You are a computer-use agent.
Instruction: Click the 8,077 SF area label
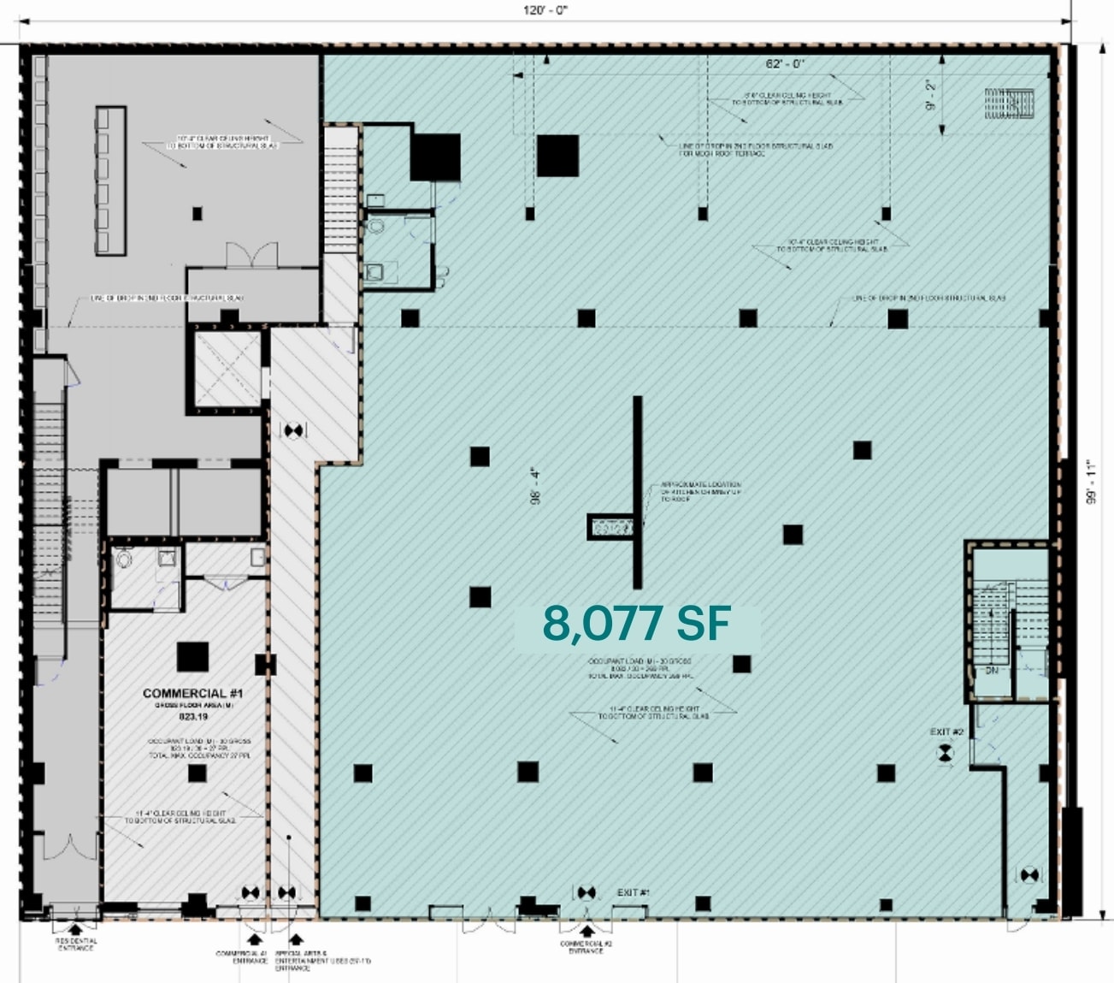click(636, 624)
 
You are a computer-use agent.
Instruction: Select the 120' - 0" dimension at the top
click(545, 10)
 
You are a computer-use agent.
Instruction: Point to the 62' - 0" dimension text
click(785, 64)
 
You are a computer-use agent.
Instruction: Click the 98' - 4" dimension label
click(536, 486)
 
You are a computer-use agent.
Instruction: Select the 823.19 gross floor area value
click(193, 717)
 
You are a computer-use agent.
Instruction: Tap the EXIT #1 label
click(634, 892)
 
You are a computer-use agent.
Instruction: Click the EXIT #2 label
click(946, 732)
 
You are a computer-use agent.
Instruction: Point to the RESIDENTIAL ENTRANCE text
click(76, 945)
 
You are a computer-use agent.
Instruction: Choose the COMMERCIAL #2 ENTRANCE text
click(586, 947)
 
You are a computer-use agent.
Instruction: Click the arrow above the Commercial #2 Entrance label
click(586, 931)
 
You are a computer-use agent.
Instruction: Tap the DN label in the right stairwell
click(992, 671)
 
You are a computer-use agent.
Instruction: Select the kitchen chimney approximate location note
click(700, 492)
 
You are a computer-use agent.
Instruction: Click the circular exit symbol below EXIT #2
click(945, 753)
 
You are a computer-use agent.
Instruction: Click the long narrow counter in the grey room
click(110, 180)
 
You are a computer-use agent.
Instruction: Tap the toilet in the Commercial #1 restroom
click(125, 560)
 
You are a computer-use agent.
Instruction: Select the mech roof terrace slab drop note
click(756, 150)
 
